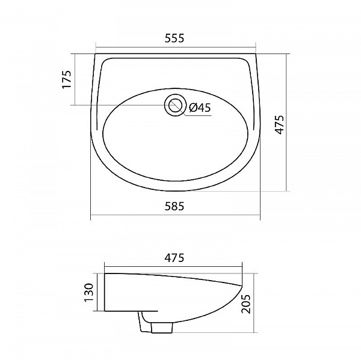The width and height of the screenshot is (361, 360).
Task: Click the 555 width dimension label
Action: coord(174,38)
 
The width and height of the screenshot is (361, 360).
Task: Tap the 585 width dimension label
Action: coord(174,206)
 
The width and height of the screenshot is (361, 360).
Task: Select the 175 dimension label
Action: coord(67,79)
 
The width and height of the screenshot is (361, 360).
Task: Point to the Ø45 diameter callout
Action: coord(200,108)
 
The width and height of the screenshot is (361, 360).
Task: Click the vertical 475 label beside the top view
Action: coord(280,124)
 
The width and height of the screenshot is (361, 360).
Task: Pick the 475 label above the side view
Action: coord(174,258)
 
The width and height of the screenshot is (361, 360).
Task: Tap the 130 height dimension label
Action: coord(89,293)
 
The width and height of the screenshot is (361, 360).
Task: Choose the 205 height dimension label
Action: coord(245,304)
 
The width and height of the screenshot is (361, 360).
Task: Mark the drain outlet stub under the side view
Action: coord(162,328)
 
